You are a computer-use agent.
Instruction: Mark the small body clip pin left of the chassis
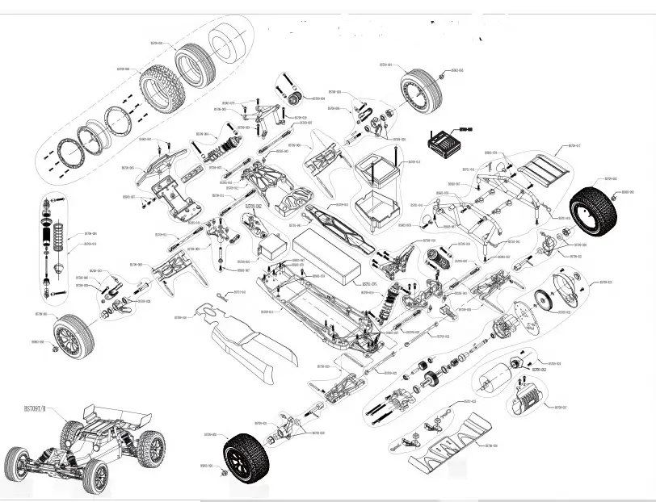pos(223,298)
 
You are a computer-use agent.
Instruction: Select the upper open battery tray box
pos(378,169)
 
